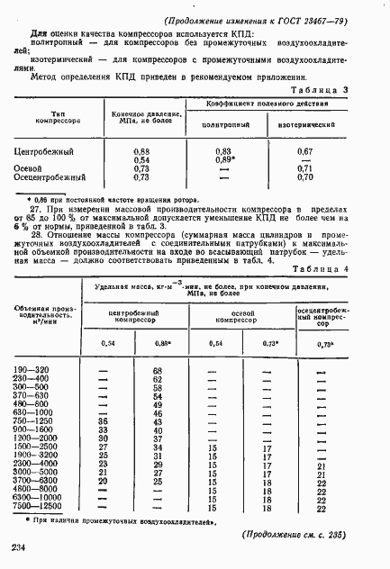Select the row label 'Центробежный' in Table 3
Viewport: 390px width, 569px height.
(x=49, y=152)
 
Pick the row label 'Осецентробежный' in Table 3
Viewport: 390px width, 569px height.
(x=56, y=178)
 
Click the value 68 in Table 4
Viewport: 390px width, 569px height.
(x=157, y=371)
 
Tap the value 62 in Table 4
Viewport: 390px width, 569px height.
(x=157, y=380)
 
